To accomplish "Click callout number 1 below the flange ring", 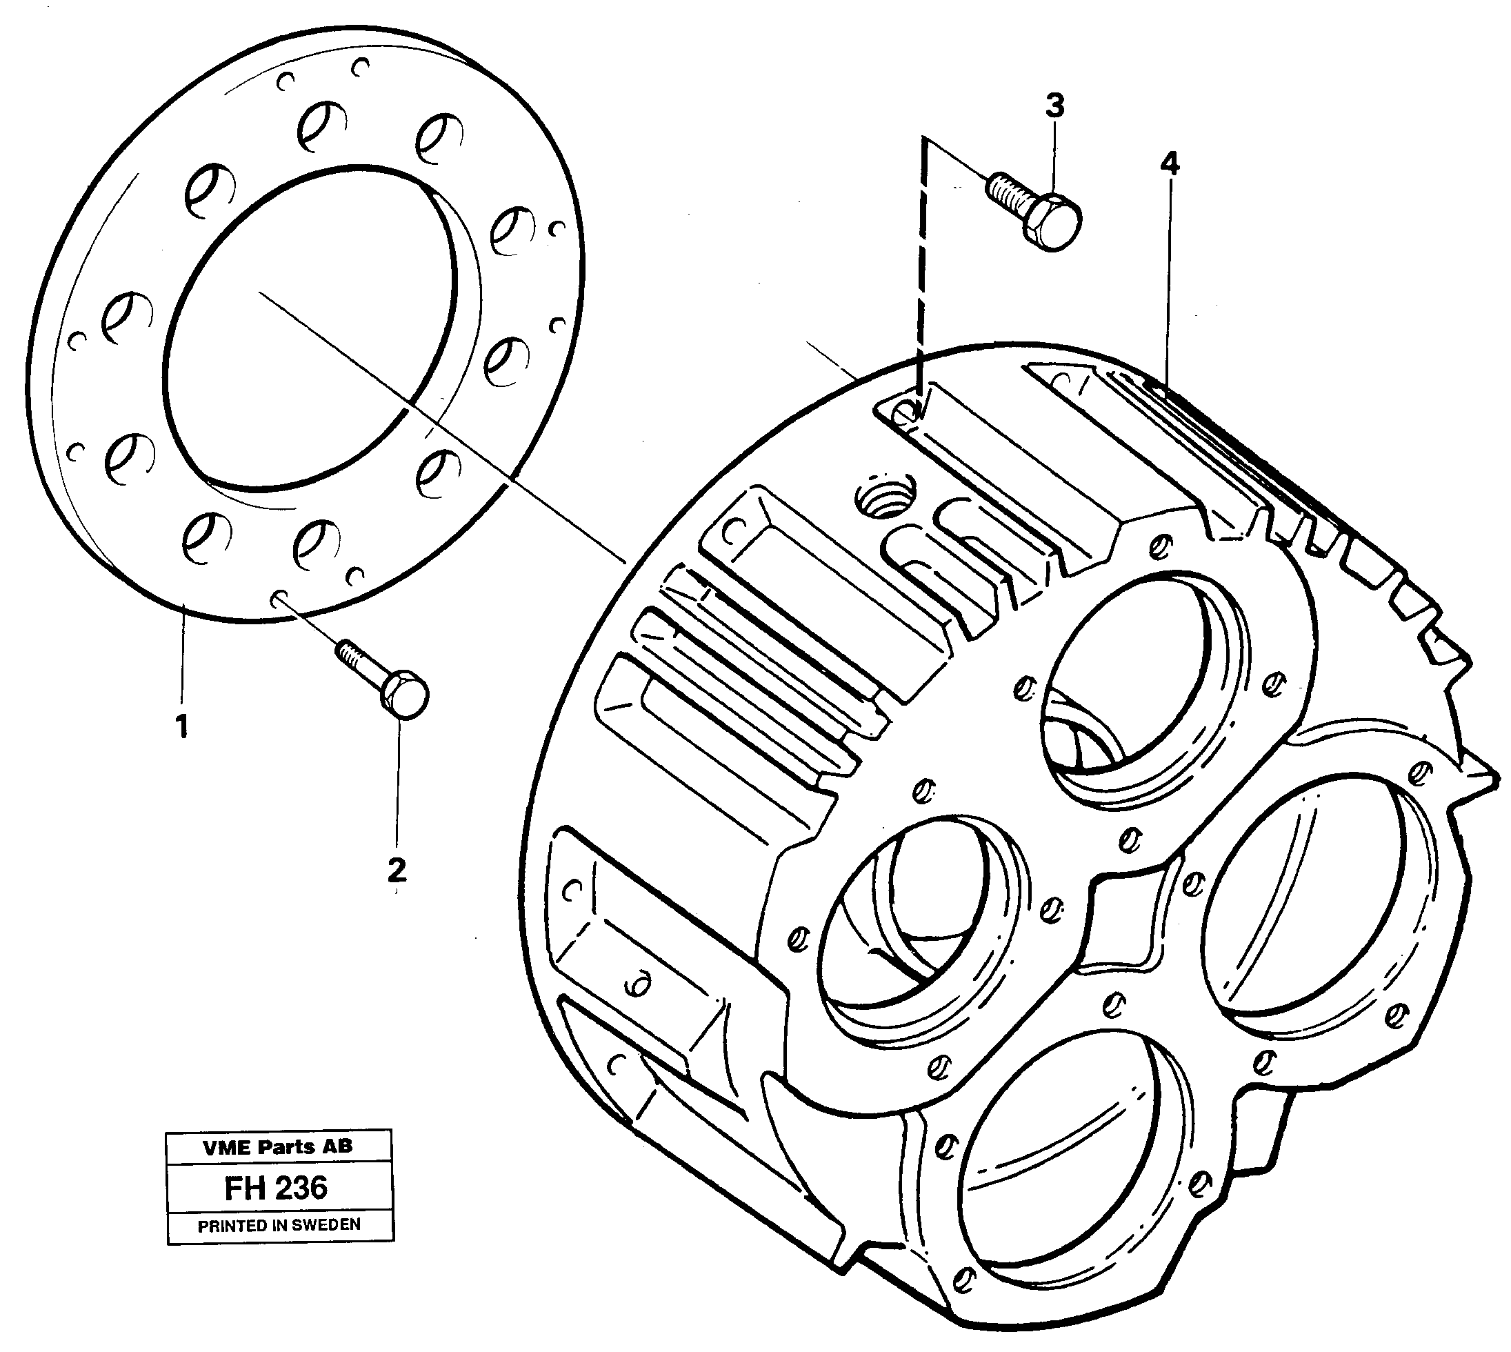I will [181, 725].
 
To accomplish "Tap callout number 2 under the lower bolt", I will [397, 869].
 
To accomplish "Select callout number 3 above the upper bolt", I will [1054, 106].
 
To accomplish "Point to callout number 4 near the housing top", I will [1170, 163].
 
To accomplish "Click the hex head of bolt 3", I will [1055, 223].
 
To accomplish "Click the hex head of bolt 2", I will [404, 693].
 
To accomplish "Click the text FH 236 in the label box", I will [277, 1188].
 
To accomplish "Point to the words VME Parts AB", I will [278, 1146].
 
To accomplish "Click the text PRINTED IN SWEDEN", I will [279, 1225].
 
